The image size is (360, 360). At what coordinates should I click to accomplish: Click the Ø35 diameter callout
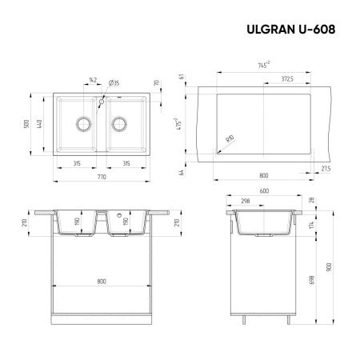[114, 82]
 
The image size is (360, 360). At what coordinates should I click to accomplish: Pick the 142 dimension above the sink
[91, 82]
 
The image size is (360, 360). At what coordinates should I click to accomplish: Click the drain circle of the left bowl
[82, 123]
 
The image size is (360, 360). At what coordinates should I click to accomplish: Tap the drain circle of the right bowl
[122, 123]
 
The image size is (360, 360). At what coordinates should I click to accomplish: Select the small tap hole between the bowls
[102, 103]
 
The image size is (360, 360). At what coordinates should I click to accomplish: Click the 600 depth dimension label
[262, 190]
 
